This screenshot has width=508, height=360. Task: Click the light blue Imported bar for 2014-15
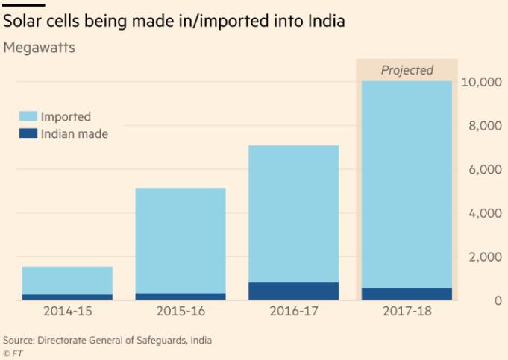pyautogui.click(x=67, y=280)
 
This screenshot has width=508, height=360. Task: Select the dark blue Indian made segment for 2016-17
pyautogui.click(x=293, y=291)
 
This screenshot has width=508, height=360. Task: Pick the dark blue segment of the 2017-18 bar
pyautogui.click(x=407, y=294)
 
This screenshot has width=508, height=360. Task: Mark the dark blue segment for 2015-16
pyautogui.click(x=180, y=296)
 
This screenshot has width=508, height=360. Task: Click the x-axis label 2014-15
pyautogui.click(x=67, y=310)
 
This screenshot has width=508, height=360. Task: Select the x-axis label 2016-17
pyautogui.click(x=293, y=310)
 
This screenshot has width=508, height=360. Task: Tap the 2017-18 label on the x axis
pyautogui.click(x=407, y=310)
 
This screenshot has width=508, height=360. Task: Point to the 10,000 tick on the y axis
pyautogui.click(x=482, y=82)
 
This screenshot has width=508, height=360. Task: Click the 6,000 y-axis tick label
pyautogui.click(x=485, y=169)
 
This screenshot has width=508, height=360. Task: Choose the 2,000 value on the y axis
pyautogui.click(x=485, y=257)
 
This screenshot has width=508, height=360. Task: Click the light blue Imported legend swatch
pyautogui.click(x=28, y=116)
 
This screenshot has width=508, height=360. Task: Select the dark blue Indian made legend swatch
pyautogui.click(x=28, y=134)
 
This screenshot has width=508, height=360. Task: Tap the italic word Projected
pyautogui.click(x=407, y=70)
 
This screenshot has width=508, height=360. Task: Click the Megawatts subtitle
pyautogui.click(x=39, y=48)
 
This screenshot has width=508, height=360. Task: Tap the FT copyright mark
pyautogui.click(x=13, y=353)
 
